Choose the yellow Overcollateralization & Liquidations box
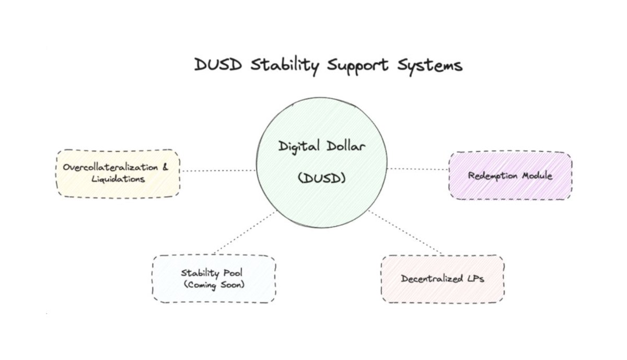[118, 173]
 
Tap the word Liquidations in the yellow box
[118, 179]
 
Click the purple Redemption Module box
[510, 176]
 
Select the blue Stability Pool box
[214, 278]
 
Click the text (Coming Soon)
[214, 284]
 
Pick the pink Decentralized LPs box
[443, 279]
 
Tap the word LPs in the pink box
[472, 279]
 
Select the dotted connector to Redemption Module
[418, 169]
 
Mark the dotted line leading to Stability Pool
[245, 232]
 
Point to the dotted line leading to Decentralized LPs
[405, 232]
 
